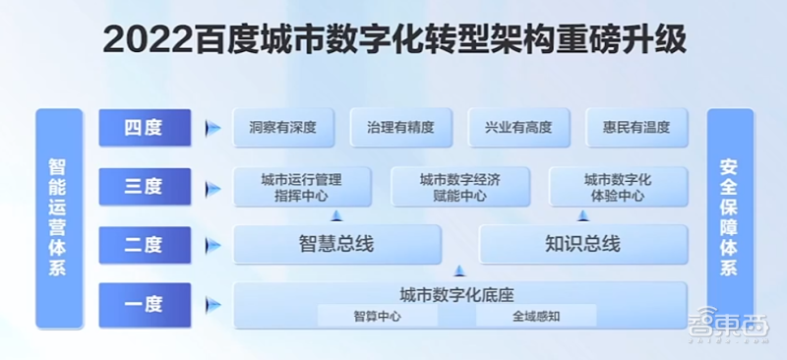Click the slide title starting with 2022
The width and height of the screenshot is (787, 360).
coord(393,42)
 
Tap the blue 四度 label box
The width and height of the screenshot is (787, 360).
coord(144,127)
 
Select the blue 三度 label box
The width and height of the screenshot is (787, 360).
coord(144,186)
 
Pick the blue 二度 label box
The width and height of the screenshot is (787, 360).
coord(144,244)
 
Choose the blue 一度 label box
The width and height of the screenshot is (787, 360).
coord(144,303)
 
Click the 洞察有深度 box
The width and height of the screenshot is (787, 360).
coord(283,127)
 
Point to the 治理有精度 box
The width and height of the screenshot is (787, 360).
coord(400,127)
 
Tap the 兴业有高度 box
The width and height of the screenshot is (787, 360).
coord(518,127)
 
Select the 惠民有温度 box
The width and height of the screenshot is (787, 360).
coord(636,127)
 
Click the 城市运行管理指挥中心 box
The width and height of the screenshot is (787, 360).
coord(301,187)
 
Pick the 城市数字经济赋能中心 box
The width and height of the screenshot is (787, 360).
coord(459,187)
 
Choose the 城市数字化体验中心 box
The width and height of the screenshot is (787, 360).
coord(618,187)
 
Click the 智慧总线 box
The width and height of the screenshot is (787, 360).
coord(335,244)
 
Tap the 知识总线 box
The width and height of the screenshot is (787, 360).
coord(582,244)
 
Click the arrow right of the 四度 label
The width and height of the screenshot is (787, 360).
coord(211,128)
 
